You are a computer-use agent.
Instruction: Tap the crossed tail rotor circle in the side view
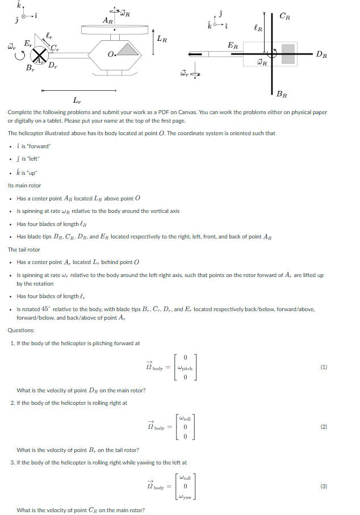tap(39, 56)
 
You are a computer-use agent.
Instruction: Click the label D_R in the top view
tap(321, 55)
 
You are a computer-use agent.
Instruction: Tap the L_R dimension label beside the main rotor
tap(162, 39)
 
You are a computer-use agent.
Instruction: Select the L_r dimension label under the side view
tap(77, 101)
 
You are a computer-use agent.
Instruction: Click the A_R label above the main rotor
tap(107, 20)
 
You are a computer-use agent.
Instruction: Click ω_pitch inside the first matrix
tap(185, 369)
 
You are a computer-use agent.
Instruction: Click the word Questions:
tap(21, 330)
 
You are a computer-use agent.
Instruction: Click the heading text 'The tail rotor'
tap(24, 249)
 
